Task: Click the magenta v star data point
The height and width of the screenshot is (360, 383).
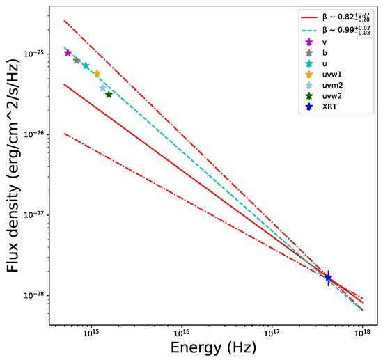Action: tap(68, 53)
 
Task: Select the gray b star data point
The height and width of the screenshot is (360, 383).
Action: tap(77, 61)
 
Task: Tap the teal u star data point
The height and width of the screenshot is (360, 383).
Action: tap(86, 65)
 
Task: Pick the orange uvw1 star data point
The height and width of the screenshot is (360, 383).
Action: tap(97, 73)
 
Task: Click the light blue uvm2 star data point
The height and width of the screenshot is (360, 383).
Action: tap(103, 88)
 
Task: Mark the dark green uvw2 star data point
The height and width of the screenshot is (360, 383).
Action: tap(109, 95)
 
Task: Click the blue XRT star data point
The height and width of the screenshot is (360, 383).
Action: tap(328, 277)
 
